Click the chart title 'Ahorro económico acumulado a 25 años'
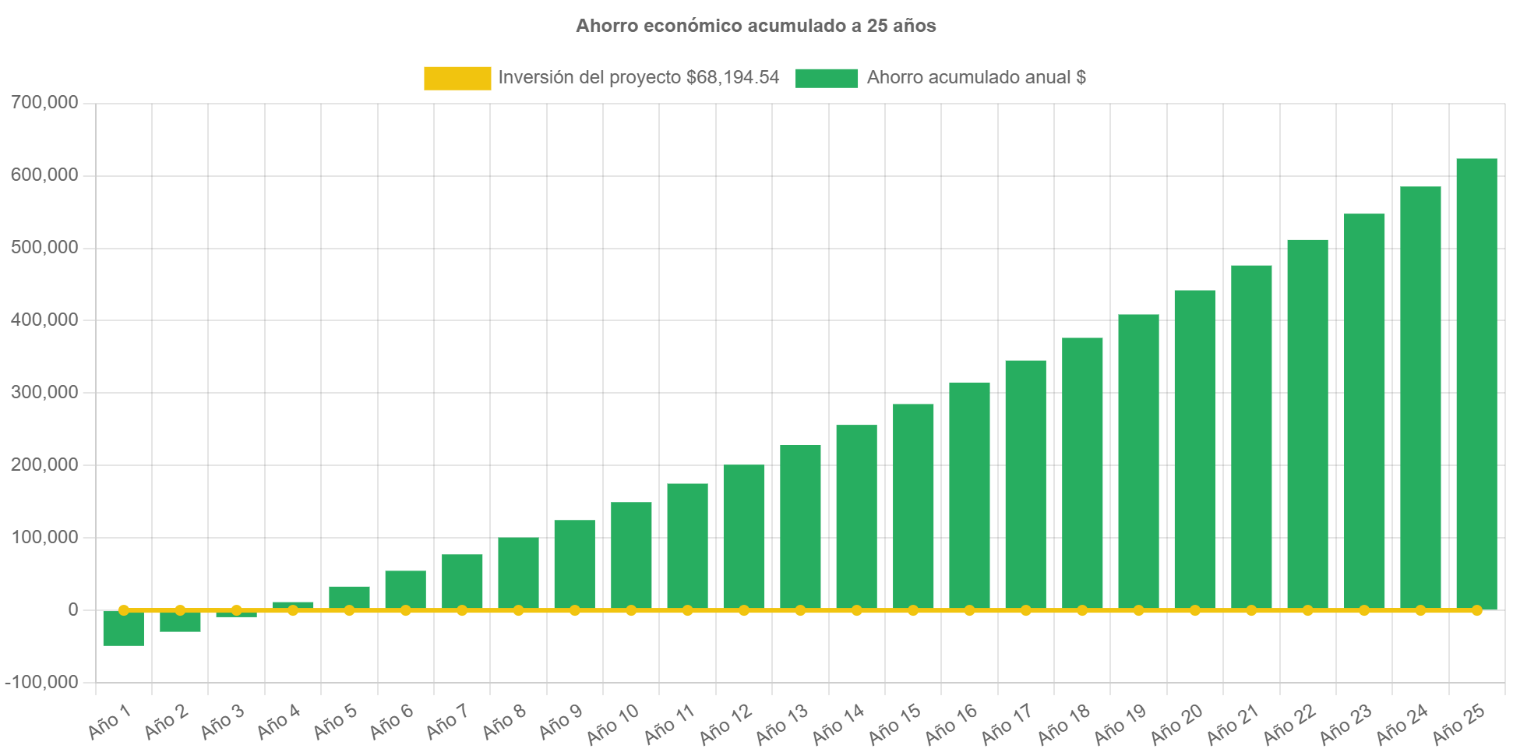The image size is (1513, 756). tap(756, 26)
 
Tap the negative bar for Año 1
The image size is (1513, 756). tap(123, 629)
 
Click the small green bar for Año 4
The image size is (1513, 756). tap(293, 605)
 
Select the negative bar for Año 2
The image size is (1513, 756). tap(180, 622)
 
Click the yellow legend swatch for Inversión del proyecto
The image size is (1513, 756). tap(457, 78)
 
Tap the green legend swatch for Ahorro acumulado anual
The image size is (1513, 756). tap(827, 78)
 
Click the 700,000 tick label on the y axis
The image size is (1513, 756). tap(44, 102)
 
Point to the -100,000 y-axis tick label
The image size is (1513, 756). tap(42, 682)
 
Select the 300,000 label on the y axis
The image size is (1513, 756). tap(44, 392)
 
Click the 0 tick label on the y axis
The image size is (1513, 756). tap(73, 609)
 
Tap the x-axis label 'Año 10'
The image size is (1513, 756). tap(612, 724)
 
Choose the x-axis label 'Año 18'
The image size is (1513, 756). tap(1063, 724)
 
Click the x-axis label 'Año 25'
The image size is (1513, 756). tap(1458, 724)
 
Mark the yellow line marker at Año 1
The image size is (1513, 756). tap(123, 610)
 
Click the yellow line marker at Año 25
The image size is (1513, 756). tap(1476, 610)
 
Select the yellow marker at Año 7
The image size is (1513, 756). tap(462, 610)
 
